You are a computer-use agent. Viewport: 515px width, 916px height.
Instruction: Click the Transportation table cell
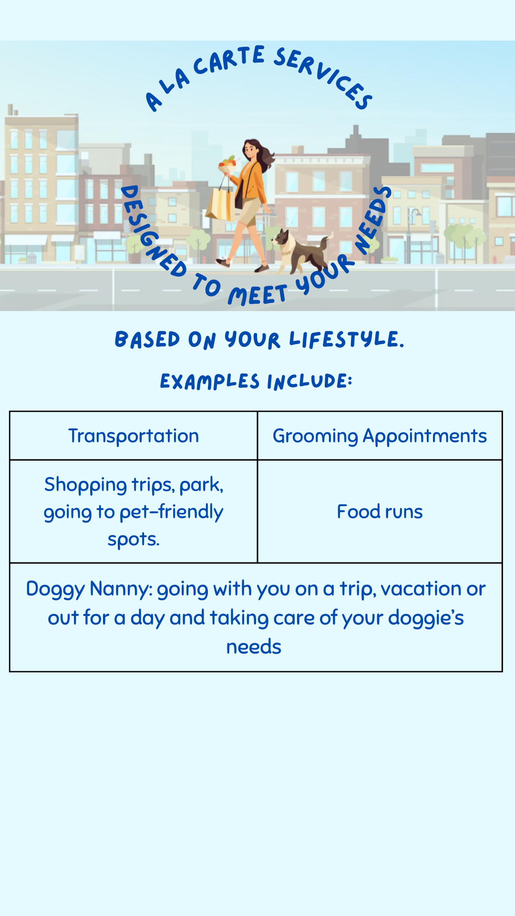tap(134, 436)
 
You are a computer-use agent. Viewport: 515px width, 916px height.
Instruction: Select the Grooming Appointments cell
tap(380, 436)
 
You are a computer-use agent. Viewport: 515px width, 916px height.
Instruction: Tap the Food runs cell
tap(380, 511)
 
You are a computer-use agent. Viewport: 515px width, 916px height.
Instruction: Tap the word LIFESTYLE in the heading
tap(347, 340)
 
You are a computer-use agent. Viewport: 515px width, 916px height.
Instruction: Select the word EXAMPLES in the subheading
tap(209, 382)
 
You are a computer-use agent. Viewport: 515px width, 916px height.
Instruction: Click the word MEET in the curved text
tap(257, 295)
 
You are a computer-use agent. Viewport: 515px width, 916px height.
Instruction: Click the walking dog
tap(300, 250)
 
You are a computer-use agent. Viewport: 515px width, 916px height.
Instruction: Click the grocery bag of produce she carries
tap(227, 165)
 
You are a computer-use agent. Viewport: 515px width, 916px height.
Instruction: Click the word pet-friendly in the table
tap(171, 512)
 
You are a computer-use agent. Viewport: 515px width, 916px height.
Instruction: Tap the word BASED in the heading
tap(147, 340)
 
